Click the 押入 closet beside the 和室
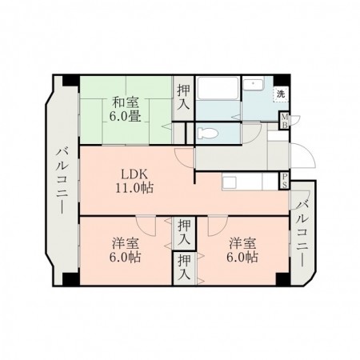coord(183,97)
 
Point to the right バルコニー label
coord(303,226)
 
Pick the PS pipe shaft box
coord(285,182)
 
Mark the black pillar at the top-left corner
coord(70,81)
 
